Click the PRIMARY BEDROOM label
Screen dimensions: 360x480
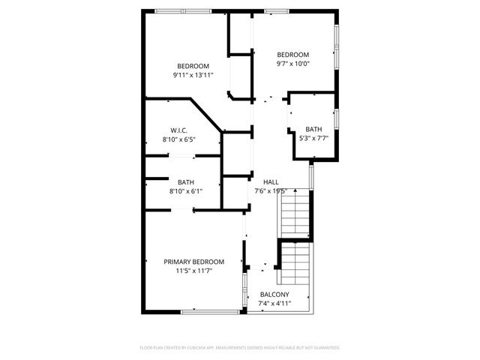[x=193, y=262]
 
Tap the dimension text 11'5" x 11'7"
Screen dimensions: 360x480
[x=193, y=271]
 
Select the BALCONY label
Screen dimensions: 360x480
[x=274, y=294]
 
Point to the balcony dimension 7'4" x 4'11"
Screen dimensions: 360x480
[x=274, y=303]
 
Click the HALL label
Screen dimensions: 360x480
[x=270, y=182]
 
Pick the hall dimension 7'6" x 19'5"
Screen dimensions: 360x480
[x=270, y=191]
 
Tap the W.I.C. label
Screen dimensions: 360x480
[x=178, y=130]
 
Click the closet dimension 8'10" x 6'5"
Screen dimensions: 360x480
[x=178, y=139]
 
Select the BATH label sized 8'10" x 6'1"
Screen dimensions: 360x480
[x=185, y=182]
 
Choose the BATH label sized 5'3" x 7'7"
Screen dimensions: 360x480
[x=313, y=129]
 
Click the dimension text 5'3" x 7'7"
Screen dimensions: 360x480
[x=313, y=138]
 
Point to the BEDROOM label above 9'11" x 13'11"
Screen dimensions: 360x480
[x=193, y=65]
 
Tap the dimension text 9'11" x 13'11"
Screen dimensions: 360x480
[x=193, y=75]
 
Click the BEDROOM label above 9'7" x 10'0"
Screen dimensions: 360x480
[x=292, y=54]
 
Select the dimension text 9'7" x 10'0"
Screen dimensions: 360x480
[x=292, y=64]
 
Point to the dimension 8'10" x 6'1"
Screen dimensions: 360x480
[x=185, y=191]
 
